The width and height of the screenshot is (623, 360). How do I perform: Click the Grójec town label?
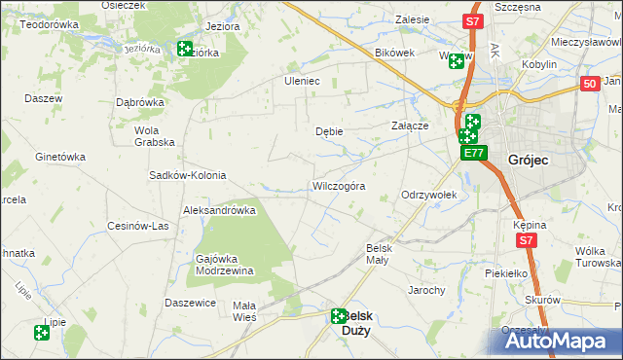click(531, 160)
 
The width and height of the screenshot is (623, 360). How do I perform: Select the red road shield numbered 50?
click(589, 86)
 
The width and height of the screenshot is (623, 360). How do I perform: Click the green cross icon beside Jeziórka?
click(185, 49)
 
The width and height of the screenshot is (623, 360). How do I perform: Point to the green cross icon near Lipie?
click(42, 333)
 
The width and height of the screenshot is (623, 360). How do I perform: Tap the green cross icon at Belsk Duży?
click(338, 315)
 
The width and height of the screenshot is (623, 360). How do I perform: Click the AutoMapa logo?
click(556, 341)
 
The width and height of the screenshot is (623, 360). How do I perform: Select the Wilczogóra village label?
click(339, 186)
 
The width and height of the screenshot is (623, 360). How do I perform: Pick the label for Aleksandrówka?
click(219, 210)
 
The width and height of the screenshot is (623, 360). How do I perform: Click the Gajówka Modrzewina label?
click(225, 265)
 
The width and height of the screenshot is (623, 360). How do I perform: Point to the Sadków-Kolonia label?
click(187, 176)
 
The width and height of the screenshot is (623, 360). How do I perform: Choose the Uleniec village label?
click(302, 81)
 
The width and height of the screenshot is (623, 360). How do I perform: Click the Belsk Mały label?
click(378, 253)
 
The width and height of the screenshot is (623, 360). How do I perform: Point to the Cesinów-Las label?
click(138, 226)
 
